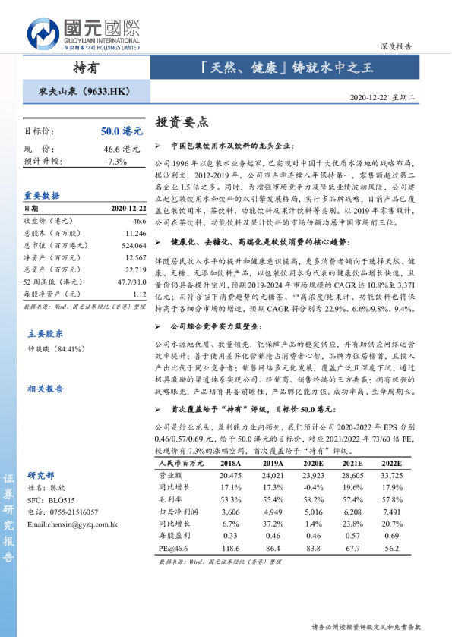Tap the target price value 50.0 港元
(121, 131)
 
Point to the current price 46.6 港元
(122, 149)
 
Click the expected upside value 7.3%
(117, 162)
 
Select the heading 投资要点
(181, 122)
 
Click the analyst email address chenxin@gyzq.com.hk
(71, 524)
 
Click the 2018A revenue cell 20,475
(229, 474)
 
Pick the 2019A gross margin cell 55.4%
(272, 501)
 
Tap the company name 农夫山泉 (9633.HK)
(84, 92)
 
